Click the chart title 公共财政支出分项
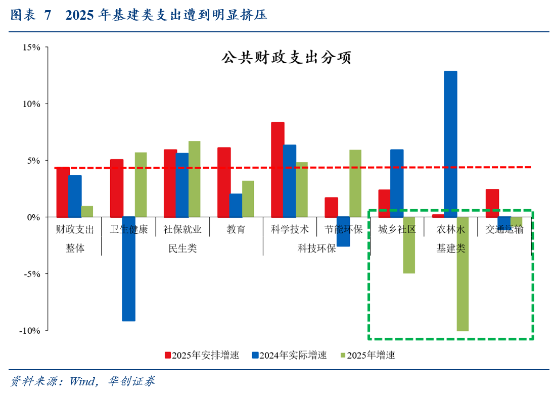click(x=286, y=58)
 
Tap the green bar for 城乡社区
click(x=409, y=245)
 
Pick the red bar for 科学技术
click(x=278, y=169)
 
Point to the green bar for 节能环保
click(x=355, y=183)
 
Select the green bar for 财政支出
click(x=87, y=212)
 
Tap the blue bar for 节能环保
click(x=343, y=231)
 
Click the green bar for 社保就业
click(x=195, y=179)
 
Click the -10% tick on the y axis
click(x=30, y=330)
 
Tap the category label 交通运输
click(x=504, y=229)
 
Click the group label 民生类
click(x=182, y=249)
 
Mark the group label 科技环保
click(x=316, y=249)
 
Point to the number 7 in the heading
click(x=48, y=16)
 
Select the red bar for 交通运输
click(x=492, y=203)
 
